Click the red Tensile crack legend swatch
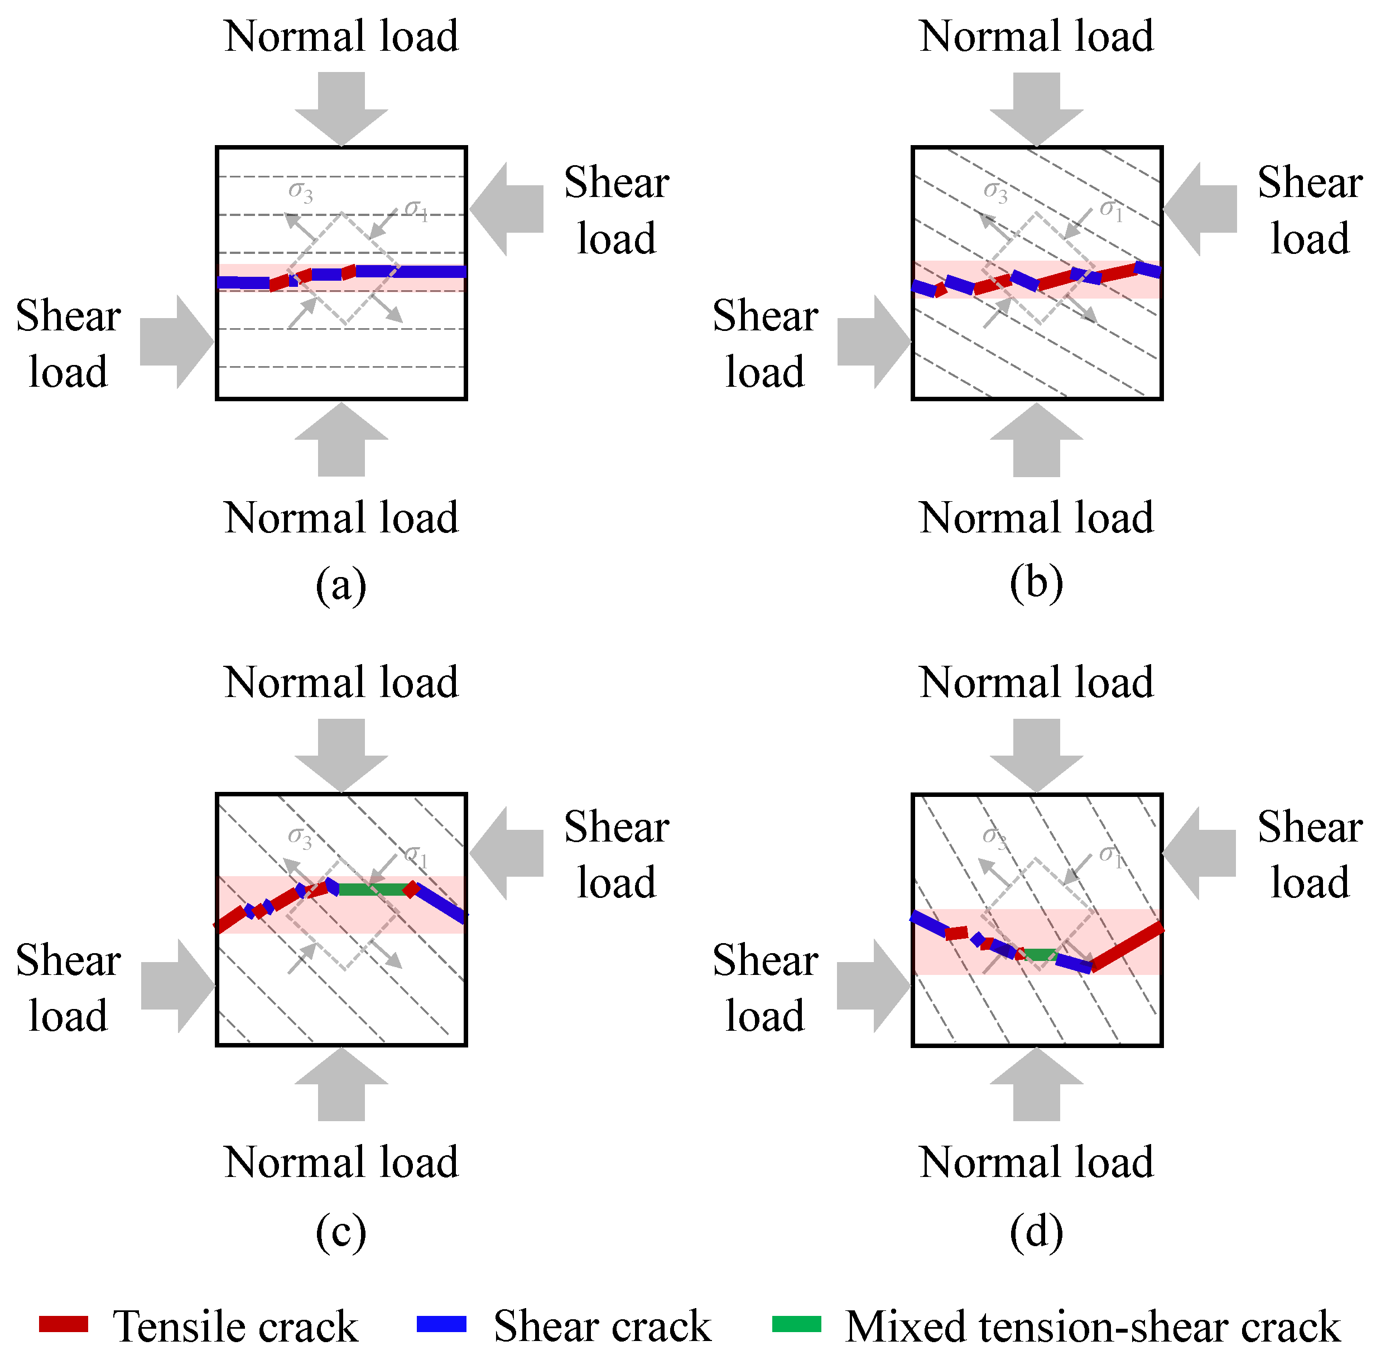(64, 1324)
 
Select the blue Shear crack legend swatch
(441, 1324)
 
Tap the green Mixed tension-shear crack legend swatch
(797, 1324)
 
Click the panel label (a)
(341, 585)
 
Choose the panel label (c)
(341, 1232)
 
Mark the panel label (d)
(1036, 1232)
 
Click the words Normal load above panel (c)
(341, 683)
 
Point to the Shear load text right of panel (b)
(1309, 210)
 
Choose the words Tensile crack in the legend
(235, 1327)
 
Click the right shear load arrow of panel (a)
(507, 209)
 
